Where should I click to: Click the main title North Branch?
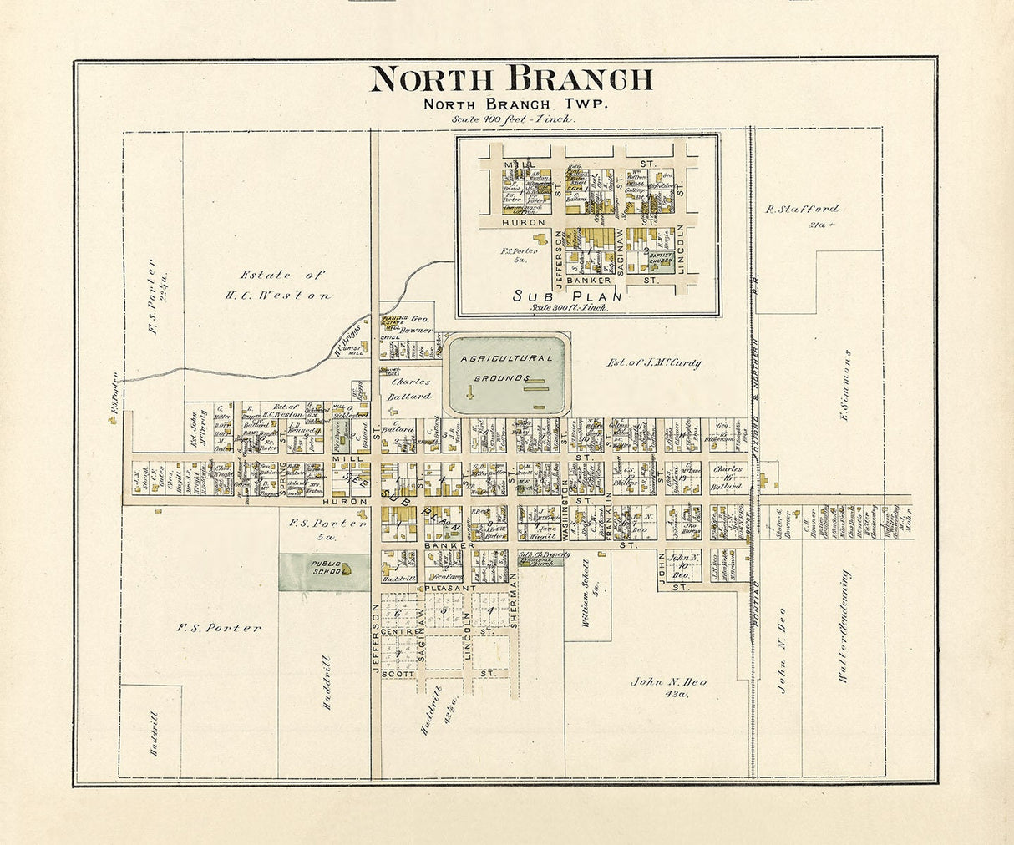510,79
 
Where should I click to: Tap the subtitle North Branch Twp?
515,104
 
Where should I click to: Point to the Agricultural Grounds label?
506,367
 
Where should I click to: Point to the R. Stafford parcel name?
803,209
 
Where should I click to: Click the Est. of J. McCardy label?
653,363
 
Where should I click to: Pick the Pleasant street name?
450,588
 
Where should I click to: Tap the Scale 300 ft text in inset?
569,307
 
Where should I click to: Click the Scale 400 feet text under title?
513,119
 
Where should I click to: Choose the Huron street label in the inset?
524,223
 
